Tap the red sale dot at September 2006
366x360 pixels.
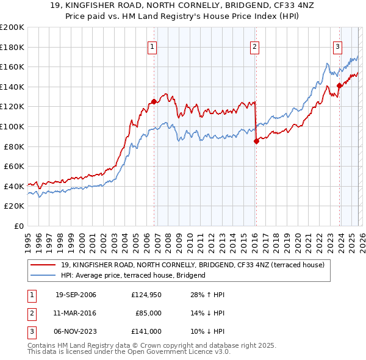click(154, 102)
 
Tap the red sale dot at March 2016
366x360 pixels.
click(256, 142)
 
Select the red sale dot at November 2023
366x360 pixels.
click(339, 86)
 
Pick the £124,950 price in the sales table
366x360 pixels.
click(146, 295)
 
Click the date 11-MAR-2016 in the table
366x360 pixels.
click(76, 313)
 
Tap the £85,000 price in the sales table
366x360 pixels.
click(148, 313)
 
